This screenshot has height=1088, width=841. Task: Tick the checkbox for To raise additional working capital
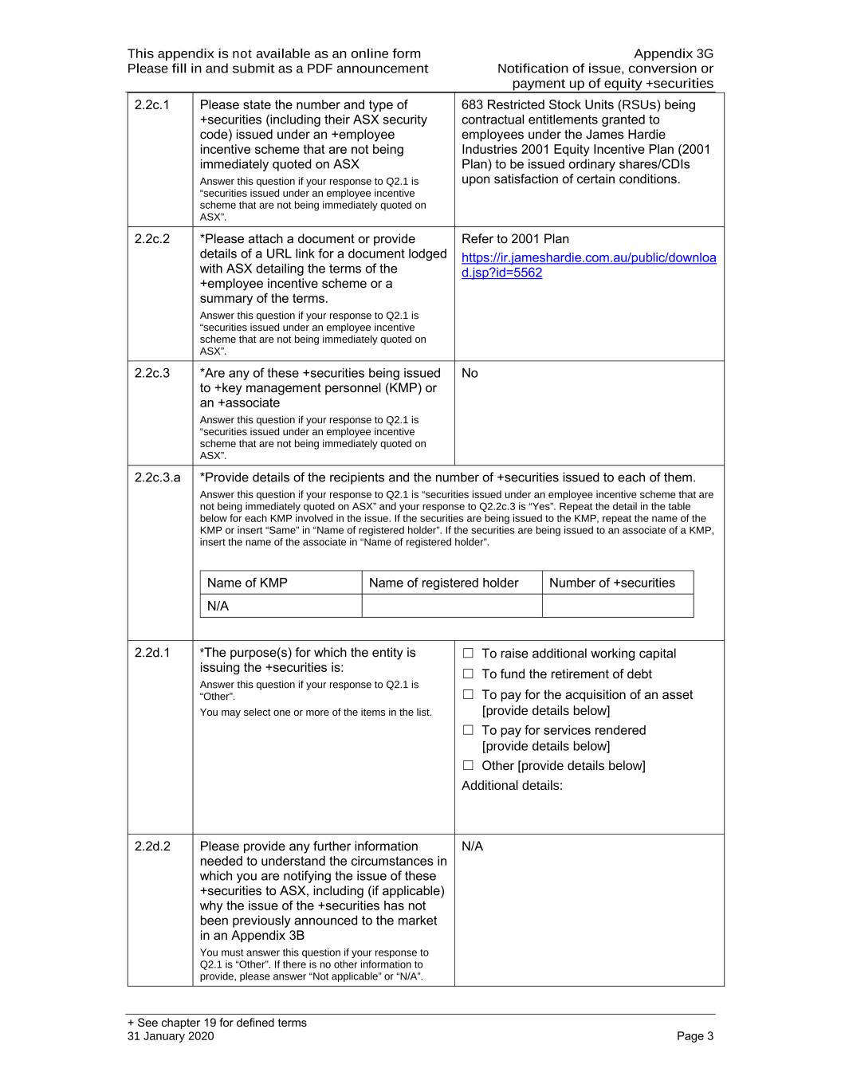point(468,654)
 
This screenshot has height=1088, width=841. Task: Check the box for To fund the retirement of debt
point(468,674)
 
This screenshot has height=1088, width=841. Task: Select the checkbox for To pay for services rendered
point(468,730)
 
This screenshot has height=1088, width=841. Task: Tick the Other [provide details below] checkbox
point(468,765)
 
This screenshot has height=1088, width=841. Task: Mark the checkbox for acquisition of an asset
point(468,695)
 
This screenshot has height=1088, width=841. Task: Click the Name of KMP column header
point(247,583)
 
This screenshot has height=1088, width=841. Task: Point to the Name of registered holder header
point(443,583)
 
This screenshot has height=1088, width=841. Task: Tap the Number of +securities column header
point(611,583)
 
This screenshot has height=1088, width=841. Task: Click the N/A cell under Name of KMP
point(218,606)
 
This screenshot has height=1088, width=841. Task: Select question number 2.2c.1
point(151,105)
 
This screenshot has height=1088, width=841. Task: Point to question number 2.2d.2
point(152,846)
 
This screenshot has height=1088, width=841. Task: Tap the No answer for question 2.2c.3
point(470,373)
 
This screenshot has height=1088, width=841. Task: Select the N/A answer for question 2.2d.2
point(472,846)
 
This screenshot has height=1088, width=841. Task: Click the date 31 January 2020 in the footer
point(170,1036)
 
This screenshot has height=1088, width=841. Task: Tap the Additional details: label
point(512,785)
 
